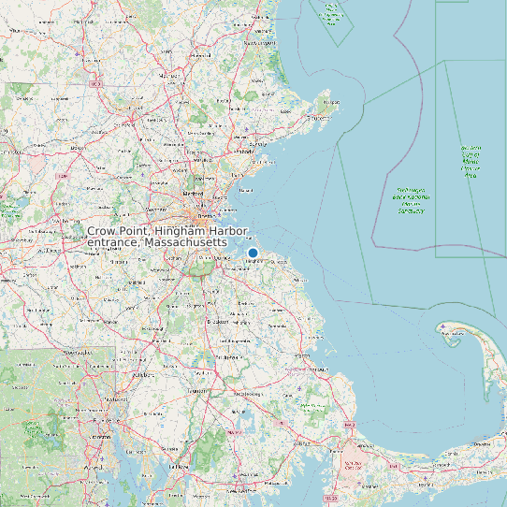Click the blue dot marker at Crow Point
[x=253, y=253]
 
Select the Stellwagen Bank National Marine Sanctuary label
[x=411, y=198]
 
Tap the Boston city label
[x=205, y=215]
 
